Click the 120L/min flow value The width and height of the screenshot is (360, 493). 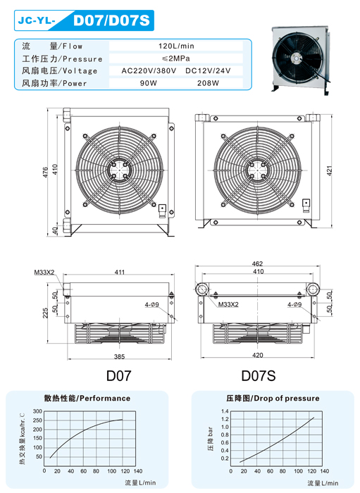(176, 46)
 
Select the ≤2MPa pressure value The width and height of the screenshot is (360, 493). (176, 58)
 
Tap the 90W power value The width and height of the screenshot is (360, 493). (149, 83)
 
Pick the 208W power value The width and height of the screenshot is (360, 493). (208, 83)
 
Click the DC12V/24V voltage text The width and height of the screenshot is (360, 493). (208, 70)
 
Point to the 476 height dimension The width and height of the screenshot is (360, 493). (46, 173)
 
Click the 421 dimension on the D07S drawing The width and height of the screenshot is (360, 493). (330, 170)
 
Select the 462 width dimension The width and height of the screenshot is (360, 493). (257, 263)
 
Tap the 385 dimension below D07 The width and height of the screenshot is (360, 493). (119, 356)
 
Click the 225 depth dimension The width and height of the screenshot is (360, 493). (46, 313)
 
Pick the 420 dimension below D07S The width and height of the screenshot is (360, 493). (258, 355)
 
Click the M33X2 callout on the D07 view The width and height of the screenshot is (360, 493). (44, 273)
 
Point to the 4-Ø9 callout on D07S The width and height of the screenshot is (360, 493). (294, 304)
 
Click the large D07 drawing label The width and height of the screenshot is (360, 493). (118, 375)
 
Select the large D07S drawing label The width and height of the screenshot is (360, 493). (258, 375)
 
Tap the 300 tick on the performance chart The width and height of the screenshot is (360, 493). (37, 411)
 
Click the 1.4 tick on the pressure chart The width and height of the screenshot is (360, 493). (225, 411)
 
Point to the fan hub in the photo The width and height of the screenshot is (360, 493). (297, 58)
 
